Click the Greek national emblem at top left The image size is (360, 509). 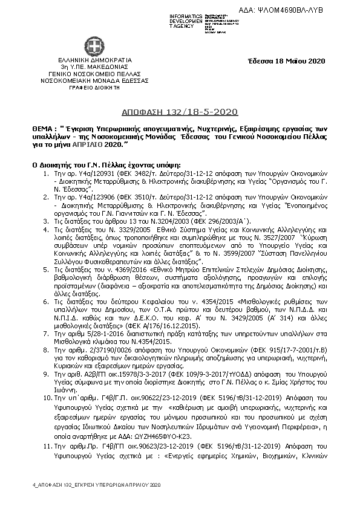[94, 46]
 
